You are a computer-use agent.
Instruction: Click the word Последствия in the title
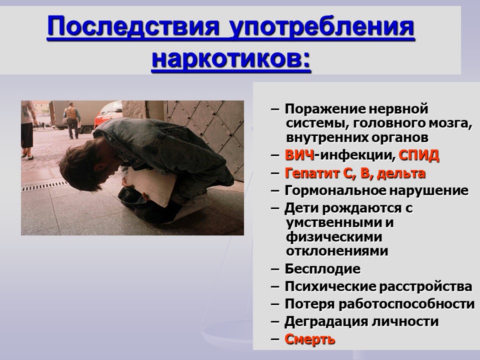133,27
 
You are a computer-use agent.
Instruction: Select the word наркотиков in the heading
231,57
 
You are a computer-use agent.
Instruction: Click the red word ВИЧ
299,155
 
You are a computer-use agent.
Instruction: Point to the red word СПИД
419,155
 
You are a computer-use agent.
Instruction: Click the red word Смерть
310,339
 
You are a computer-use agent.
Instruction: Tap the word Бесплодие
322,269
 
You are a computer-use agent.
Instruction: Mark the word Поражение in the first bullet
325,109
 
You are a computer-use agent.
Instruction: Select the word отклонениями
337,251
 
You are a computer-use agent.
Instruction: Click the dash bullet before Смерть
275,339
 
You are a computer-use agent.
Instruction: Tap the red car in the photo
108,114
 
